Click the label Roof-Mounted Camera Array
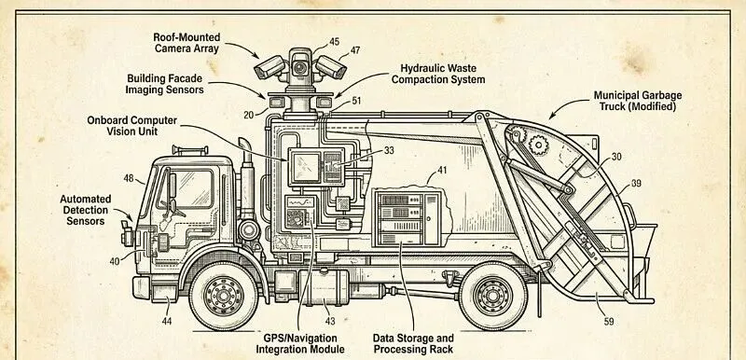(x=186, y=43)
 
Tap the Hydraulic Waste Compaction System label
(x=438, y=75)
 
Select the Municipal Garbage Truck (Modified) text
(x=638, y=101)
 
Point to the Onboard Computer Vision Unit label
(x=131, y=126)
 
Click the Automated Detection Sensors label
(x=86, y=210)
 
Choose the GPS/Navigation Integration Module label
(x=299, y=344)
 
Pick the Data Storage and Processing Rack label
(x=413, y=344)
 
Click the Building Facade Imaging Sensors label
(x=165, y=84)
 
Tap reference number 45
(x=334, y=42)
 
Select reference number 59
(x=609, y=322)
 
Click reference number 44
(x=167, y=321)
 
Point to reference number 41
(x=442, y=169)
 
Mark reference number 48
(x=129, y=178)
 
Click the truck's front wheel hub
(x=224, y=296)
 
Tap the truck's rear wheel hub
(x=493, y=296)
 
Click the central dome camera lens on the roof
(x=299, y=67)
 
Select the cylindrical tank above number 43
(x=324, y=287)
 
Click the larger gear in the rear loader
(x=539, y=145)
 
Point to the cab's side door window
(x=191, y=188)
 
